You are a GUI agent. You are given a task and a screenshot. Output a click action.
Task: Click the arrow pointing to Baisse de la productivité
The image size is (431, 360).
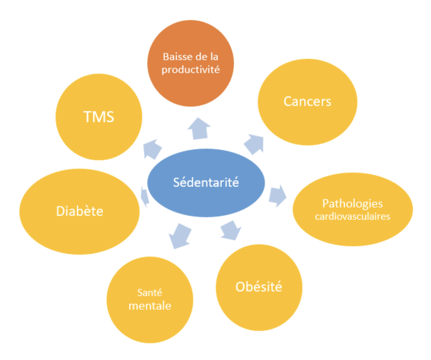point(199,129)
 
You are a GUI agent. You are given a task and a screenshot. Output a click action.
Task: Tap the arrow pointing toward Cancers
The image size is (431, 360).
point(255,144)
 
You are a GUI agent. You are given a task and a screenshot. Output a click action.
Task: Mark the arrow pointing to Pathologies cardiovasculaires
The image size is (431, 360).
point(277,196)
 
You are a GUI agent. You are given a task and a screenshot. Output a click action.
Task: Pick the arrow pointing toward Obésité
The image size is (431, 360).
point(231,230)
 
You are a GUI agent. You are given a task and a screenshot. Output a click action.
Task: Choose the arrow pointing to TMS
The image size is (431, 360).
point(152,149)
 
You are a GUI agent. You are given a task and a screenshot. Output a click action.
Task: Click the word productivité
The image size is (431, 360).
point(191,69)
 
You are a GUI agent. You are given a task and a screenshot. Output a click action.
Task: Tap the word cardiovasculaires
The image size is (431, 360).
point(352,216)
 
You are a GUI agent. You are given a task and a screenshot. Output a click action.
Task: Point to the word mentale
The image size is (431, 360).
point(150,306)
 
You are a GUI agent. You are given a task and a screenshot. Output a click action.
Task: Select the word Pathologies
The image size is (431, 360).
point(352,204)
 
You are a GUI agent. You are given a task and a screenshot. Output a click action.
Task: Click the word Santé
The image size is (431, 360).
point(150,292)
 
